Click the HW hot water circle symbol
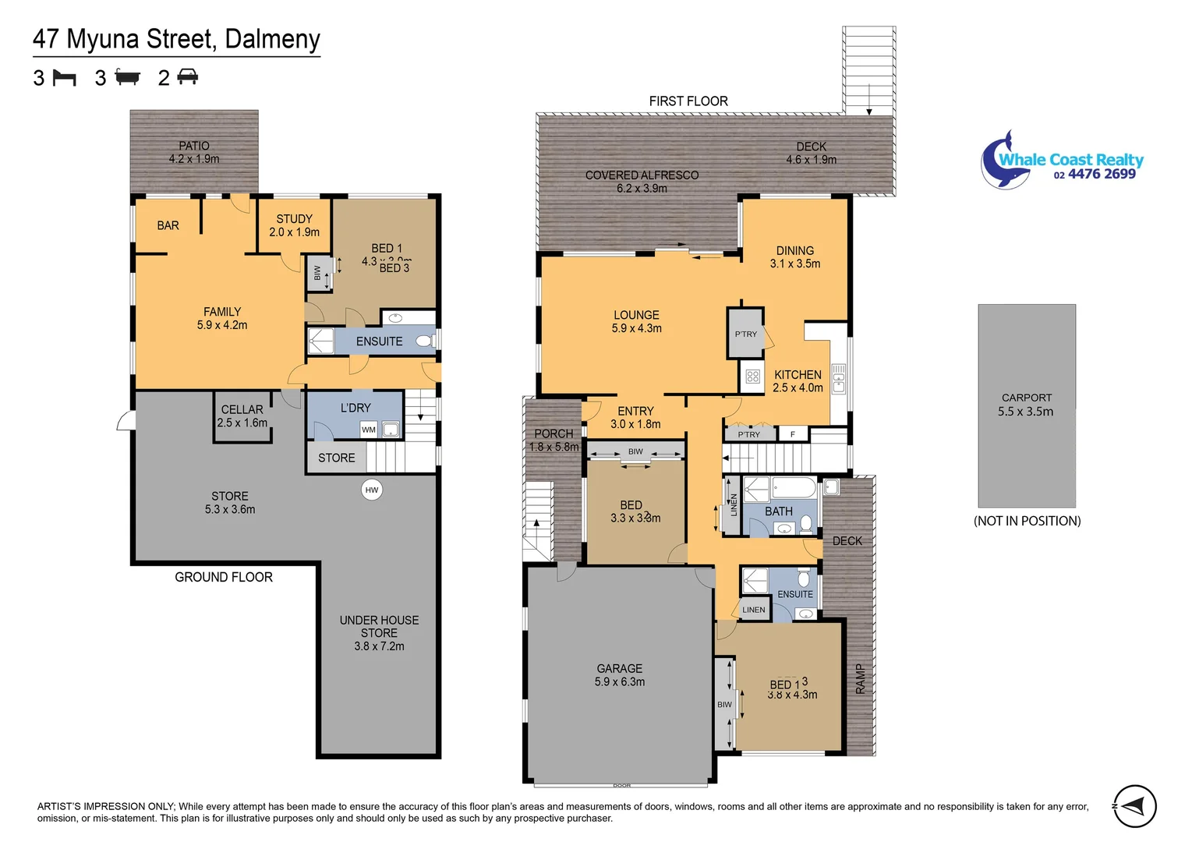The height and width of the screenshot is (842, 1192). (372, 490)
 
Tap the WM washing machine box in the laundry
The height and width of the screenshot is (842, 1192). (369, 430)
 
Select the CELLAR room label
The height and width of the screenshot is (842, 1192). (242, 409)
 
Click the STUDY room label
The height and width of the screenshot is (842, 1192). (294, 219)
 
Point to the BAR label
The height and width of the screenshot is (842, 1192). (168, 225)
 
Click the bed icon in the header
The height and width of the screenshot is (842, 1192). (64, 78)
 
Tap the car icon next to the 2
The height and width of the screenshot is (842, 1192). (188, 77)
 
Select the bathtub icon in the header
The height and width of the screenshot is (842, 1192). (127, 77)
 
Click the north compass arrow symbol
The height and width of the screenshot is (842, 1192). (1135, 806)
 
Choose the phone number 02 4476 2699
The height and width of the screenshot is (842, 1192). (1095, 175)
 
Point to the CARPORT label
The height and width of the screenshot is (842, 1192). (1027, 398)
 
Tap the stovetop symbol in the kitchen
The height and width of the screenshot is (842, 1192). (752, 377)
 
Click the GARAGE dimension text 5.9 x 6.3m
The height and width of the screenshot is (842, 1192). (620, 682)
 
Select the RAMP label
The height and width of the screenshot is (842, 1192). (861, 678)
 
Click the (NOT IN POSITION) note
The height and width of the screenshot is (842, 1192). (1027, 521)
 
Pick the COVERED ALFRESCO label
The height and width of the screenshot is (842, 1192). (642, 175)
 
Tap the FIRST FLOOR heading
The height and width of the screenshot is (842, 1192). (688, 101)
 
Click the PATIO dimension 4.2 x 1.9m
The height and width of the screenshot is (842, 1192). (194, 159)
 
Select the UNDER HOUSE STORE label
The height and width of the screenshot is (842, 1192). (379, 627)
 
